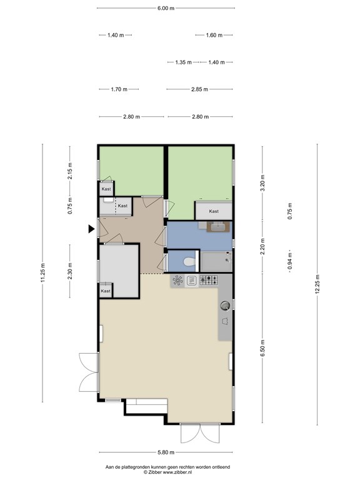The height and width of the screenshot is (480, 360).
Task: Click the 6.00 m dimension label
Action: click(166, 8)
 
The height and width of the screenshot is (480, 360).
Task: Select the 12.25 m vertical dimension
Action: click(317, 284)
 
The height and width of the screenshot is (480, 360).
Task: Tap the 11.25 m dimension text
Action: click(43, 272)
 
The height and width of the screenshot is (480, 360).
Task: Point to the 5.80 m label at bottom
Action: click(166, 452)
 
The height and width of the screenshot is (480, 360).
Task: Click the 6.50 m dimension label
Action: click(262, 348)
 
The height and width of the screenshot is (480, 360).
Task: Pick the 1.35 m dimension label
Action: click(183, 62)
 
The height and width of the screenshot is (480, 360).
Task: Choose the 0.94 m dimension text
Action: click(290, 261)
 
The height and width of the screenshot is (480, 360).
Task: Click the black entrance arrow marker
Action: click(91, 229)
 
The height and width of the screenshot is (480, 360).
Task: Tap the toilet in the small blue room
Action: click(189, 262)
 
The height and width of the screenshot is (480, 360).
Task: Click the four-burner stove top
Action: click(209, 280)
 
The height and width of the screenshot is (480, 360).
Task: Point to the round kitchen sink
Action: click(225, 306)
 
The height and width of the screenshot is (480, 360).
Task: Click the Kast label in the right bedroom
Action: click(214, 211)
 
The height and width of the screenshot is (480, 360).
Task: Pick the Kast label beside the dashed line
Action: click(122, 206)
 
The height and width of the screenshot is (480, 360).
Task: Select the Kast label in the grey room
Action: click(106, 291)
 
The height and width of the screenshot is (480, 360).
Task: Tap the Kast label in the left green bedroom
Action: click(106, 189)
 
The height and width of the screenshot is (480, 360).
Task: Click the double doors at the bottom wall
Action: click(200, 433)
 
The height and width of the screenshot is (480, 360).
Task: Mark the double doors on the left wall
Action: click(89, 372)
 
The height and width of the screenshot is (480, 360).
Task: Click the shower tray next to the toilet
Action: click(216, 261)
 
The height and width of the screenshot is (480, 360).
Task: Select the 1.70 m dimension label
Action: click(119, 89)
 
